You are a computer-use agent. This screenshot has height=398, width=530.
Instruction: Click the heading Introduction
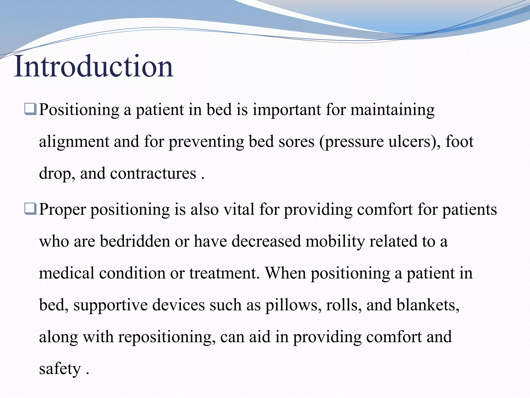pos(93,67)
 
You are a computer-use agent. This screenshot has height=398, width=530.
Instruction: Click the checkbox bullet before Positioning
pos(30,109)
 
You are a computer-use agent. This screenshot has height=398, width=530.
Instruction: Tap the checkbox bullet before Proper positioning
pos(30,209)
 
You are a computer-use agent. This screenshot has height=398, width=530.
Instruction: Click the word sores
pos(296,142)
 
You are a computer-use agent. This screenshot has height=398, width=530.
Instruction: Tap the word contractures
pos(153,174)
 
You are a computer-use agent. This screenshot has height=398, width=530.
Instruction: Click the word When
pos(285,273)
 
